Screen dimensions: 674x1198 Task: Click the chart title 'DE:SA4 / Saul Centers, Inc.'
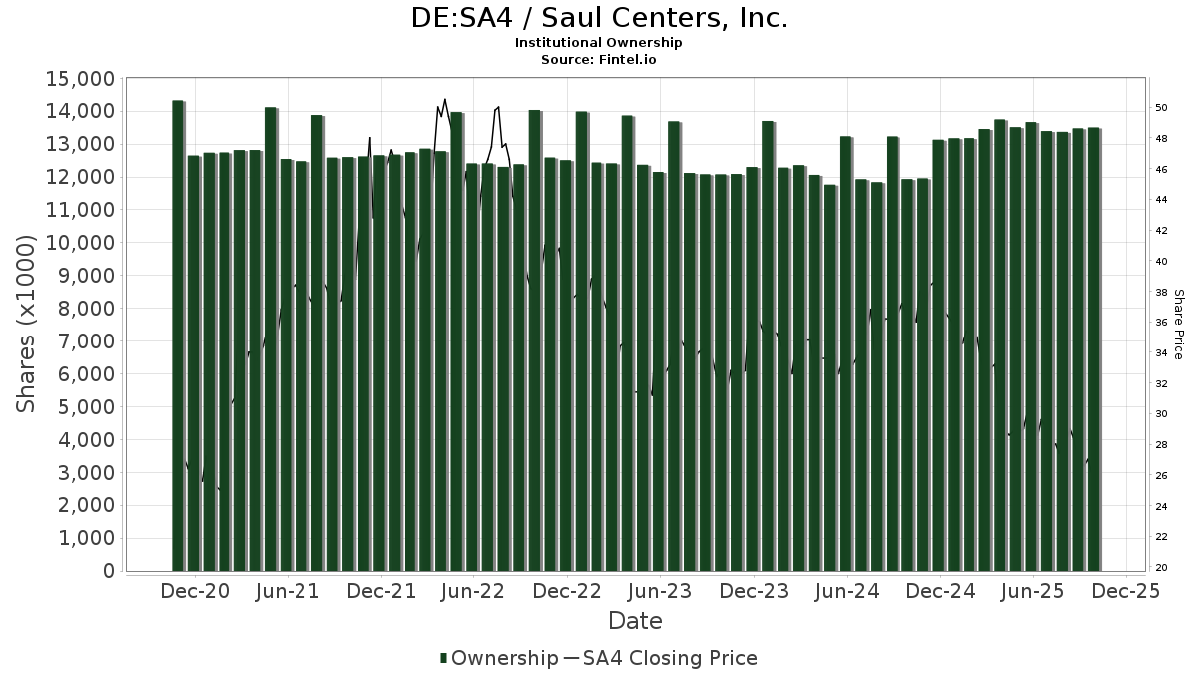(599, 18)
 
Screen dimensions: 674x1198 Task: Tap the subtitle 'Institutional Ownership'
(599, 43)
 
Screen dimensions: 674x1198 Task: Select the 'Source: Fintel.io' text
(599, 59)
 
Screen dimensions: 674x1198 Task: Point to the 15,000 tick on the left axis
(76, 79)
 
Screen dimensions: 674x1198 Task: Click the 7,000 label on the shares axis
(82, 341)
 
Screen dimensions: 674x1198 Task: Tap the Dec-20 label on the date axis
(195, 591)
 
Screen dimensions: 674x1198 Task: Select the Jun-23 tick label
(660, 591)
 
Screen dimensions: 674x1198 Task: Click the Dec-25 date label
(1126, 591)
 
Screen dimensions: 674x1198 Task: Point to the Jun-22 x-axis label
(473, 591)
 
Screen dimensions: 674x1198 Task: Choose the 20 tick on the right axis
(1161, 568)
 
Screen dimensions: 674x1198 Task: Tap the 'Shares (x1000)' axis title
(27, 325)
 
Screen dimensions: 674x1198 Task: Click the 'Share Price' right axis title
(1178, 325)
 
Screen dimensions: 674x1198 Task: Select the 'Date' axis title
(635, 621)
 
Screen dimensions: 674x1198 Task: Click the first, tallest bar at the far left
(178, 336)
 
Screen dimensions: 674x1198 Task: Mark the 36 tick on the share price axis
(1161, 323)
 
